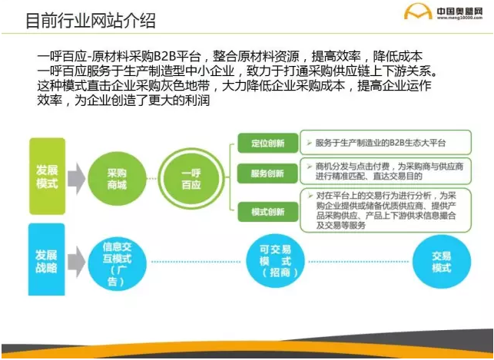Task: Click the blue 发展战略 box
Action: (46, 259)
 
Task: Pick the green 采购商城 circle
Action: (116, 180)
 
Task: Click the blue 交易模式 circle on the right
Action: (441, 262)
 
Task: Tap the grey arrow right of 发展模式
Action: (75, 179)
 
